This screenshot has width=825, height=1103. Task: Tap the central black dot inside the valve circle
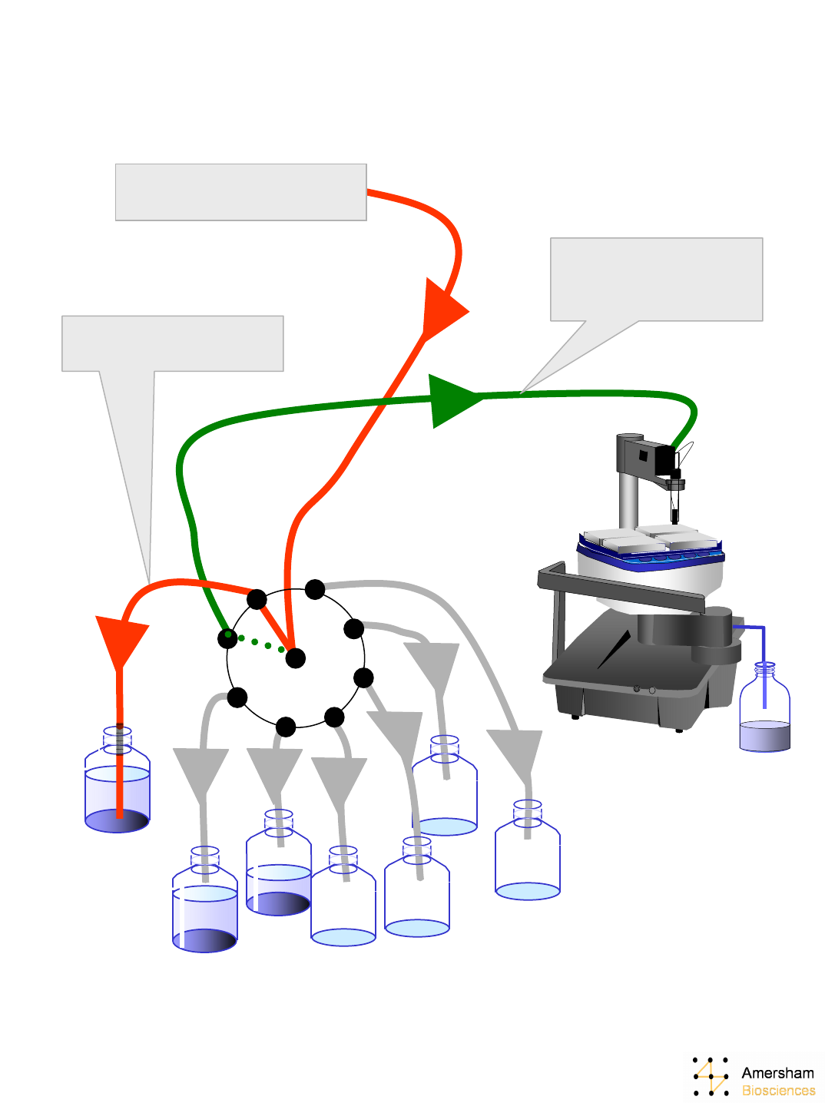[295, 657]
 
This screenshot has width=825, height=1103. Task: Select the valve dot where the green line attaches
[227, 638]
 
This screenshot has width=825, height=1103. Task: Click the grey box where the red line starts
[240, 192]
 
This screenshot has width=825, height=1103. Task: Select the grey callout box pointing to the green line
[656, 279]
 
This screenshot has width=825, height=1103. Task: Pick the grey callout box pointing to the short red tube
[172, 343]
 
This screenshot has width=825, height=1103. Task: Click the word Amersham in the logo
[777, 1073]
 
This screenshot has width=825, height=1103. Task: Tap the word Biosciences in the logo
[778, 1091]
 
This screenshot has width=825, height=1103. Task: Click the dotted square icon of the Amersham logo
[711, 1076]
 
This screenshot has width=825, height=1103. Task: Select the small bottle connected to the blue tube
[764, 714]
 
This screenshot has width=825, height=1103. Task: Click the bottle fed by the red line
[117, 783]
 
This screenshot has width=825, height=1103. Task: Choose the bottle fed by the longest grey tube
[528, 853]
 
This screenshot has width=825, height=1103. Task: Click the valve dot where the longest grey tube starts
[315, 589]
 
